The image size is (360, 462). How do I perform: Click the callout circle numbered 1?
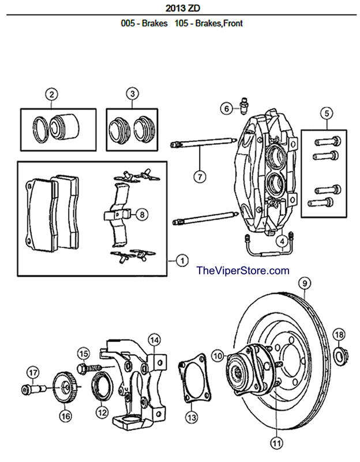(182, 261)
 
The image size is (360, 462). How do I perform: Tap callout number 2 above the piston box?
(52, 95)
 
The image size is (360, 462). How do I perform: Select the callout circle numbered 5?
(327, 113)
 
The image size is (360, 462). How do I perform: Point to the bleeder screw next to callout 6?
(243, 106)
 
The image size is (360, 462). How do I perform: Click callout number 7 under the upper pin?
(200, 177)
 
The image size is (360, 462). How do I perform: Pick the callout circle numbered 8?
(142, 214)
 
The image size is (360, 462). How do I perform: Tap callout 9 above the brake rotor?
(305, 283)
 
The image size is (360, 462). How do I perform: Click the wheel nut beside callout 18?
(342, 355)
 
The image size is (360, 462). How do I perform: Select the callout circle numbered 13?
(192, 417)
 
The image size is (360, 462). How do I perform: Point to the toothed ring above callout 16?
(65, 387)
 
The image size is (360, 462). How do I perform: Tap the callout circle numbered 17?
(33, 373)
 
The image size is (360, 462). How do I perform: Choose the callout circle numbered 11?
(276, 442)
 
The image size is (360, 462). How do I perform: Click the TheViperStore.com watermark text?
(243, 270)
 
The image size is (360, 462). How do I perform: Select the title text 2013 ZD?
(183, 8)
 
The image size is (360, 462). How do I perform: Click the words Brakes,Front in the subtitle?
(219, 23)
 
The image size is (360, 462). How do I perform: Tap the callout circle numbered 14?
(155, 340)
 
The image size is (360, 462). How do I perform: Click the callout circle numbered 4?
(282, 242)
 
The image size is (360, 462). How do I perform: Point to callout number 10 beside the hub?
(217, 356)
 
